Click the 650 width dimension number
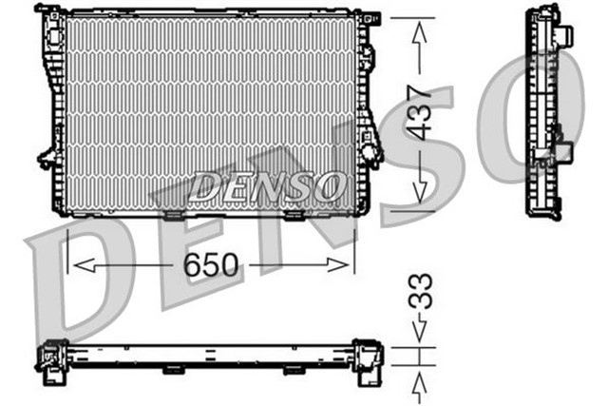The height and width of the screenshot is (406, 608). click(x=212, y=265)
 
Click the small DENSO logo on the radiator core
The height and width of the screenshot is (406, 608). click(x=268, y=185)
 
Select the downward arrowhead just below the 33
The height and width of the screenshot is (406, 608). click(x=419, y=333)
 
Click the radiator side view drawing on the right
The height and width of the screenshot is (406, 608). click(x=550, y=111)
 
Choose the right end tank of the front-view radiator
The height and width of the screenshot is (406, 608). click(x=366, y=111)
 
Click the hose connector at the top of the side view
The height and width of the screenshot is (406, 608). click(x=564, y=37)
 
